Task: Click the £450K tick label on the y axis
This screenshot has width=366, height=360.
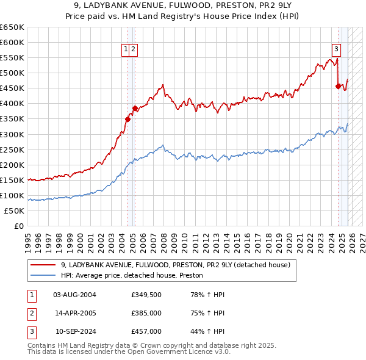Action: click(12, 88)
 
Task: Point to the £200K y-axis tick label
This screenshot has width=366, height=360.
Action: click(12, 165)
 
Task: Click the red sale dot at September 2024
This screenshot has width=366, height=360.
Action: click(338, 86)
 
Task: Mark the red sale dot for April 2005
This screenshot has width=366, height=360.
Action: click(135, 108)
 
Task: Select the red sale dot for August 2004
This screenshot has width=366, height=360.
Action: click(128, 119)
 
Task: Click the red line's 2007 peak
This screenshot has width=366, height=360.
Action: click(162, 85)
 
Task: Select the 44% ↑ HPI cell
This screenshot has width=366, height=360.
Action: click(209, 331)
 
